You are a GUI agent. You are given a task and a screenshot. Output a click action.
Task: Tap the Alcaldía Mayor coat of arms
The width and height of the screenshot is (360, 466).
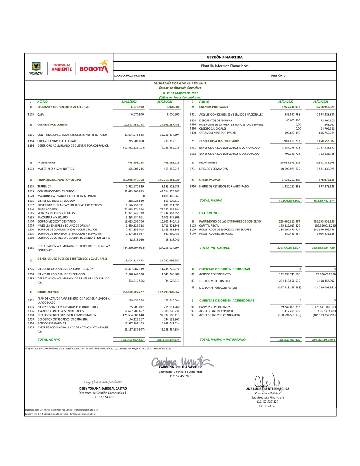[x=36, y=66]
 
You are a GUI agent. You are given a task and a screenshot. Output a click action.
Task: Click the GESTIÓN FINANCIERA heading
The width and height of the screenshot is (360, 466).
[x=225, y=57]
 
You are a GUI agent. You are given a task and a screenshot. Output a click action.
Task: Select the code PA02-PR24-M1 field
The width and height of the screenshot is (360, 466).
[x=130, y=76]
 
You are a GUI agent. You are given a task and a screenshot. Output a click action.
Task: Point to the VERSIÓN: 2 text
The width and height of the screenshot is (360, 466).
[x=278, y=76]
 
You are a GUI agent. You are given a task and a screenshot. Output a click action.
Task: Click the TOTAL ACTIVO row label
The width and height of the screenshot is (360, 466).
[x=49, y=340]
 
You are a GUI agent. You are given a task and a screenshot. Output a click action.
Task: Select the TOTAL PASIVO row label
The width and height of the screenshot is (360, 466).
[x=211, y=201]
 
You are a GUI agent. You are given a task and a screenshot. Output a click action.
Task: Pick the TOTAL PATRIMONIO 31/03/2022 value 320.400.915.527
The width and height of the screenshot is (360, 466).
[x=289, y=248]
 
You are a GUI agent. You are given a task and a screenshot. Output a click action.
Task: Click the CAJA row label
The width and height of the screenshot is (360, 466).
[x=41, y=115]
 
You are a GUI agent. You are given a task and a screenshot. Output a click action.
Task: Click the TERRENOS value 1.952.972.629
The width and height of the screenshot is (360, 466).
[x=135, y=187]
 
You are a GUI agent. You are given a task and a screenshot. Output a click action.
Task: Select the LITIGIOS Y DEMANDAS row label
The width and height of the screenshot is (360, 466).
[x=213, y=169]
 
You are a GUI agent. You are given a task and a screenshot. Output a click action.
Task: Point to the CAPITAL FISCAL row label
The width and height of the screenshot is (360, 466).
[x=209, y=226]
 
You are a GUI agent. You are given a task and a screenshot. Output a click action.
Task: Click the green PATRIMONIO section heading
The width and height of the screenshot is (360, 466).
[x=209, y=213]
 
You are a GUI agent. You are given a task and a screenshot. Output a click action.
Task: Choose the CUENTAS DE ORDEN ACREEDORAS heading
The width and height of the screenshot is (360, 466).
[x=227, y=301]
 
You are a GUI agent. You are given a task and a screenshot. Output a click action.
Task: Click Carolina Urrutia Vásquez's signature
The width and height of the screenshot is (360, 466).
[x=182, y=361]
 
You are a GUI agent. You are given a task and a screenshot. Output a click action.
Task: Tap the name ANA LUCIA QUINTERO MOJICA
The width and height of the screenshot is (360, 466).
[x=267, y=389]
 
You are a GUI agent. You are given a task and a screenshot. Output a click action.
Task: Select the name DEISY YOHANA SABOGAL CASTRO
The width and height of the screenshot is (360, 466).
[x=103, y=389]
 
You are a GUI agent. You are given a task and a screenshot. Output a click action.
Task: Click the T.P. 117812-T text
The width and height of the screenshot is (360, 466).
[x=267, y=406]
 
